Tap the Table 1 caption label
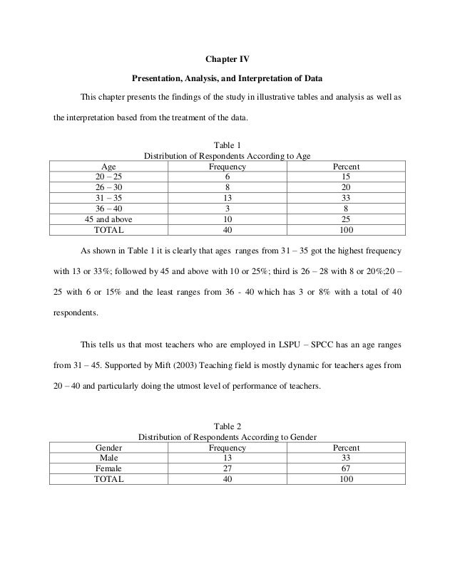coord(227,145)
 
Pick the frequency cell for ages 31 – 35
coord(227,199)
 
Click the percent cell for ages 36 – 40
coord(346,209)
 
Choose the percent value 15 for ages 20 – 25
coord(346,177)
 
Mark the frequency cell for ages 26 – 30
coord(227,188)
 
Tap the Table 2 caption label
coord(227,426)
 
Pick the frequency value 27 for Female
coord(227,469)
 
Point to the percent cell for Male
coord(346,458)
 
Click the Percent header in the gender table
coord(346,448)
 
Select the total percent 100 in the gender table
coord(346,480)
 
